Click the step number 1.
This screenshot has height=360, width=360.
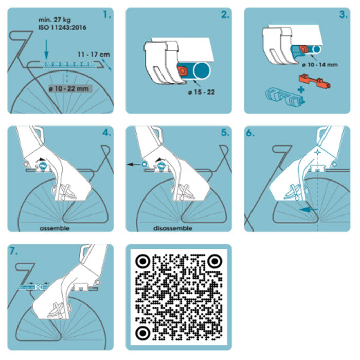tap(107, 15)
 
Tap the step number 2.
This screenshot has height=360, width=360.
tap(225, 15)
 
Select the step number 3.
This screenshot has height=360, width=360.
tap(344, 15)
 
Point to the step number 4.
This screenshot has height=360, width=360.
tap(107, 133)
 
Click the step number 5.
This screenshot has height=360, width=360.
tap(225, 133)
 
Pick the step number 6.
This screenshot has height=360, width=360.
tap(250, 133)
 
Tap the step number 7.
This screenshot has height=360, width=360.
tap(14, 251)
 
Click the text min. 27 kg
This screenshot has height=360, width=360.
tap(55, 20)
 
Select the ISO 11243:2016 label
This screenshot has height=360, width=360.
tap(62, 28)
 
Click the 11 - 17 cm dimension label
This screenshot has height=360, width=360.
tap(94, 55)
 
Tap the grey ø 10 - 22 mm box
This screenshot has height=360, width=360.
tap(70, 88)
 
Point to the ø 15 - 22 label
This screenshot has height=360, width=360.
tap(202, 92)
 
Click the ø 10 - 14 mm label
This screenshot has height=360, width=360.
tap(320, 65)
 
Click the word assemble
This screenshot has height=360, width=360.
tap(55, 228)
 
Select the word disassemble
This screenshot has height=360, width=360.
tap(173, 228)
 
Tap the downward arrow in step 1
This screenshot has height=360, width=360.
tap(46, 49)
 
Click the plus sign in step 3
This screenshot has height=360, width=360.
tap(301, 89)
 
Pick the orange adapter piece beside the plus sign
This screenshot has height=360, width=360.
tap(315, 81)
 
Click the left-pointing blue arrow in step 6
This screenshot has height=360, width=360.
tap(309, 210)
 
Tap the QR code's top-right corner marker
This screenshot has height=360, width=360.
tap(214, 261)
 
